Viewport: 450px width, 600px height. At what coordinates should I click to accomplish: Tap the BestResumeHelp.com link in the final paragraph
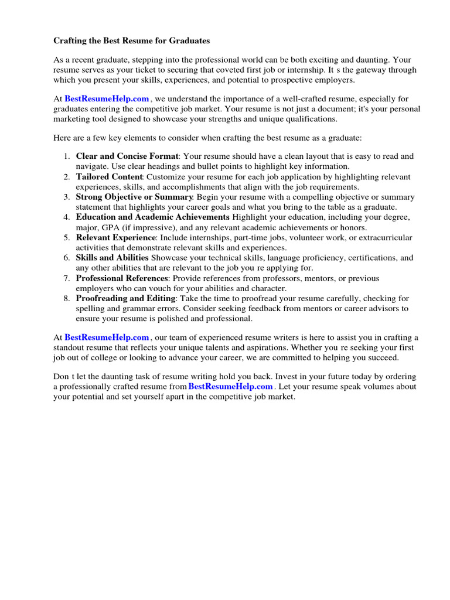pyautogui.click(x=231, y=387)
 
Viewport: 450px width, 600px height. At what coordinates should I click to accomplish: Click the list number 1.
pyautogui.click(x=67, y=156)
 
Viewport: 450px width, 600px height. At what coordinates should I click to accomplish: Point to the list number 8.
pyautogui.click(x=67, y=298)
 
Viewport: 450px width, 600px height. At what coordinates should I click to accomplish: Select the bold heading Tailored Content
pyautogui.click(x=110, y=177)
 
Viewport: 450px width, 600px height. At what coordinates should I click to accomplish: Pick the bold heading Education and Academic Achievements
pyautogui.click(x=152, y=217)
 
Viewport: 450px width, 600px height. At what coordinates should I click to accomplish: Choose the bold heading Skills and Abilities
pyautogui.click(x=112, y=258)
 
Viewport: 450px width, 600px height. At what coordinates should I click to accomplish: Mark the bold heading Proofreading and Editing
pyautogui.click(x=125, y=298)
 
